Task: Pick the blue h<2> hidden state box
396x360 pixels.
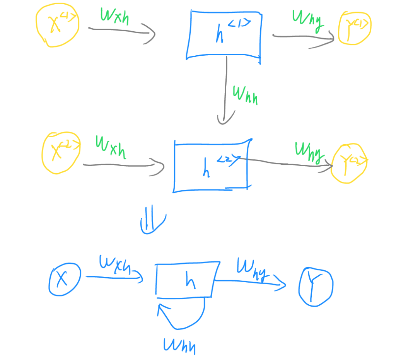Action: click(211, 165)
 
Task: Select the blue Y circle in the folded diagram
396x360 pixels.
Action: click(316, 287)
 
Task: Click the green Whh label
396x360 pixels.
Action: click(245, 95)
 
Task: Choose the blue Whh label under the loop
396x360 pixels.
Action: click(179, 345)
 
